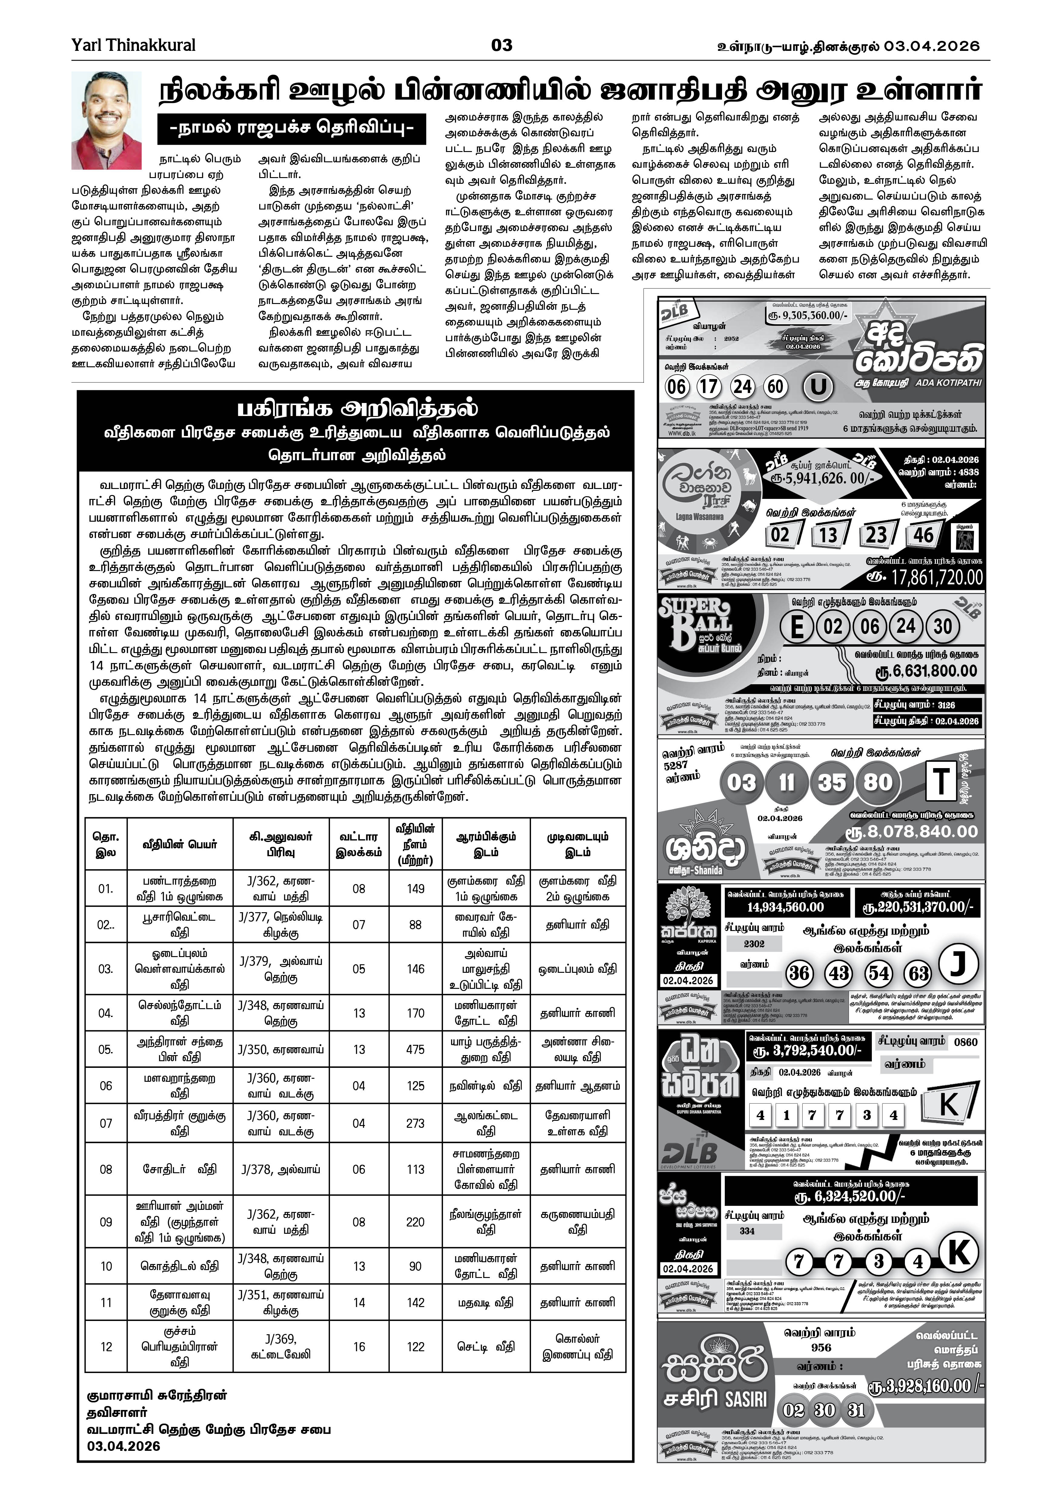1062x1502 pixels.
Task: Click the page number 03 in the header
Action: point(502,45)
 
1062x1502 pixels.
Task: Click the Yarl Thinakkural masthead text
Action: point(134,45)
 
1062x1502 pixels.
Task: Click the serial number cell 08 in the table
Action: point(106,1169)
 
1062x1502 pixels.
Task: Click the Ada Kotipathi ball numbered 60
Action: point(776,387)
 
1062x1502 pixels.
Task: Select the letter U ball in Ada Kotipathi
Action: point(818,387)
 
